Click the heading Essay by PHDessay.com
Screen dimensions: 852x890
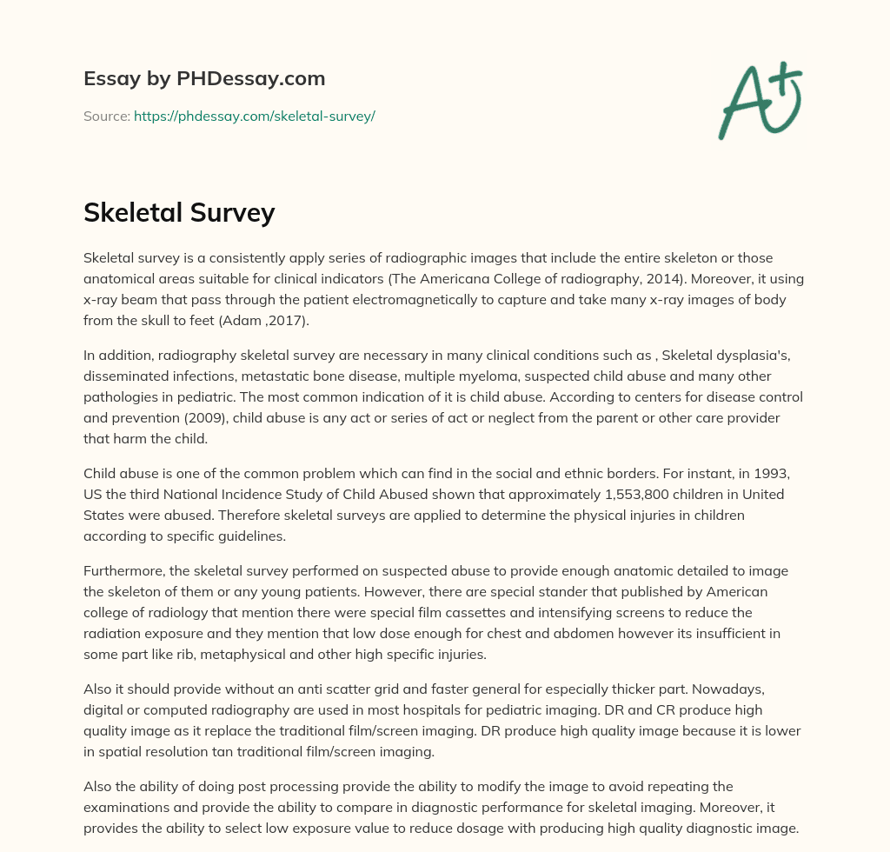click(x=204, y=79)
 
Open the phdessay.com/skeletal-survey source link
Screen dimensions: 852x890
click(x=254, y=116)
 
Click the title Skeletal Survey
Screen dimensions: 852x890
click(x=179, y=212)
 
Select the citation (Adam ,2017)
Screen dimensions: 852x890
click(x=258, y=321)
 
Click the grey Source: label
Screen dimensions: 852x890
click(x=107, y=116)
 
